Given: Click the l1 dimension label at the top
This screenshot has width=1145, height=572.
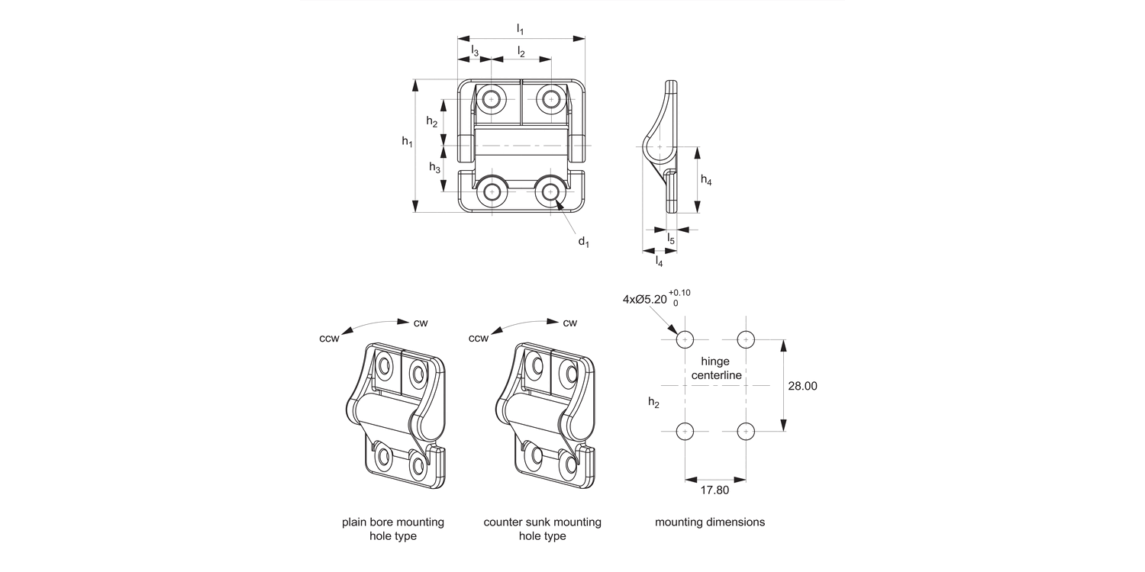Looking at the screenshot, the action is pos(520,29).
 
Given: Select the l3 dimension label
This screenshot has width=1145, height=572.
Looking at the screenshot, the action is pos(475,51).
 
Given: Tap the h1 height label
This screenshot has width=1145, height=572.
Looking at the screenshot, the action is pos(407,141).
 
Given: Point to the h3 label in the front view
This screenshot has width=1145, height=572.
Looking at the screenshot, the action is pos(434,167).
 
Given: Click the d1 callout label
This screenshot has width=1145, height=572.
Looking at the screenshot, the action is pos(584,242).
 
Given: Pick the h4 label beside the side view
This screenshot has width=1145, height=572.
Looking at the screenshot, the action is pos(706,180).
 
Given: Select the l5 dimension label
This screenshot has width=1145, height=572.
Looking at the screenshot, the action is pos(671,239).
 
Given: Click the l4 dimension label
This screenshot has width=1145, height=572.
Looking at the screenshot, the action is pos(660,262).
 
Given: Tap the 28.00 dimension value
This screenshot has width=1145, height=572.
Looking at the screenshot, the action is pos(802,386).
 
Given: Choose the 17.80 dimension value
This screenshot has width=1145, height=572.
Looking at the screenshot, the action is pos(714,490).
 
